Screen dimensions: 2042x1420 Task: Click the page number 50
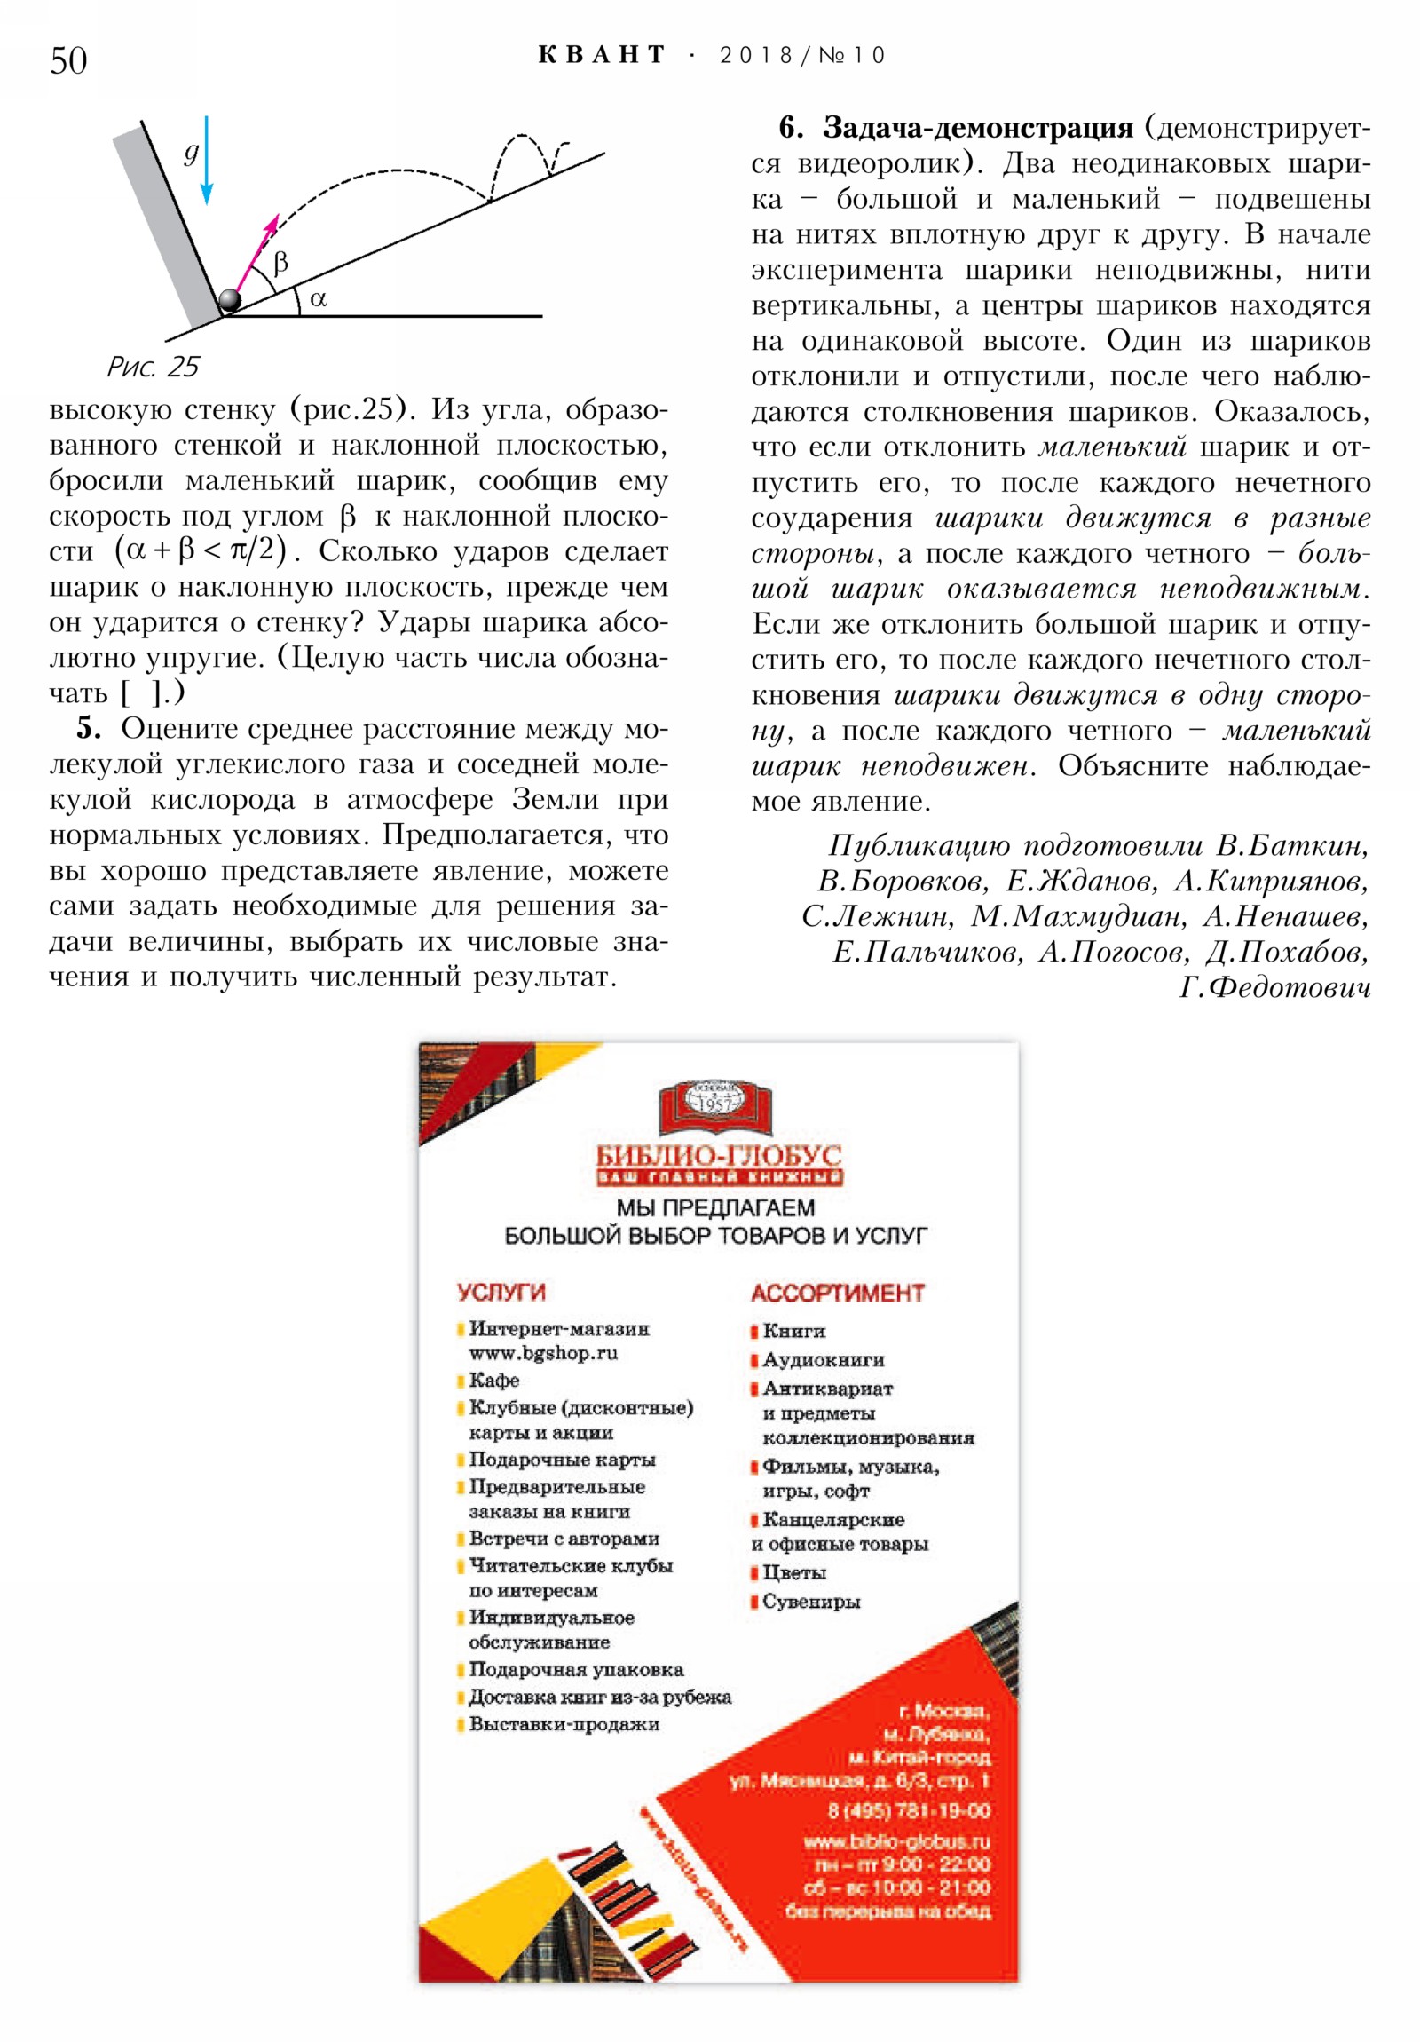coord(68,60)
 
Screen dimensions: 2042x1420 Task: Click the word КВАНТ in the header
coord(601,55)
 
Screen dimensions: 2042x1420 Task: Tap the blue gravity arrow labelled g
coord(206,160)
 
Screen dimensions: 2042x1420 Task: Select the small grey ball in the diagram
coord(229,300)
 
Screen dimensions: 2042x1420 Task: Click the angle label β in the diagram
coord(281,264)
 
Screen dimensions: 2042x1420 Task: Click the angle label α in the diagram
coord(319,299)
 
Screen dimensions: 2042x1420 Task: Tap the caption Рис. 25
coord(153,367)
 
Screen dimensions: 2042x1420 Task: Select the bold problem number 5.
coord(87,728)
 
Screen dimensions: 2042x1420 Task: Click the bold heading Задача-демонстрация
coord(977,128)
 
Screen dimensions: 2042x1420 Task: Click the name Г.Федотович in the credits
coord(1274,987)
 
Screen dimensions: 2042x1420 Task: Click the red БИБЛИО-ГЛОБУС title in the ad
coord(719,1154)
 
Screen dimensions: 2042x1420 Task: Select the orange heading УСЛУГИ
coord(501,1292)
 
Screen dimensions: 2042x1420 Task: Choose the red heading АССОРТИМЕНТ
coord(838,1293)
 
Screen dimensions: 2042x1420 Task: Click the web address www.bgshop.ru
coord(543,1353)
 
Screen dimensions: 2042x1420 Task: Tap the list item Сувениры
coord(810,1601)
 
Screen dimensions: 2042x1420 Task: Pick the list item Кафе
coord(494,1380)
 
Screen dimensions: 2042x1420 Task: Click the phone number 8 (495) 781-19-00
coord(909,1810)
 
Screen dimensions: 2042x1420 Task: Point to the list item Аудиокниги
coord(823,1359)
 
